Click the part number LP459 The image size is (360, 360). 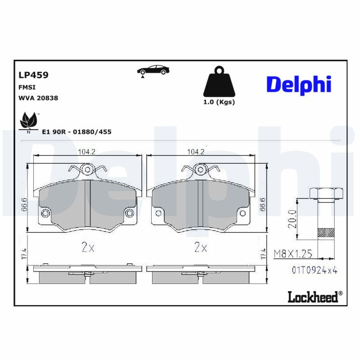click(33, 75)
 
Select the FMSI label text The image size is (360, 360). click(27, 87)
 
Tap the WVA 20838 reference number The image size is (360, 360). click(38, 98)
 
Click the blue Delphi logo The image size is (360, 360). click(299, 84)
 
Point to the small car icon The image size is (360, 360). click(153, 70)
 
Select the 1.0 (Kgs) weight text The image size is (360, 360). click(219, 102)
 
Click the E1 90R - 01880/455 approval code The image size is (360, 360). click(76, 131)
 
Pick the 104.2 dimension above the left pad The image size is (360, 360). click(86, 152)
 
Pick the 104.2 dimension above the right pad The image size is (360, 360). click(196, 152)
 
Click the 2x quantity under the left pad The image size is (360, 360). click(88, 247)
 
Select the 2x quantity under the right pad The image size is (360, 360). click(200, 247)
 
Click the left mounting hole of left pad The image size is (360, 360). click(45, 213)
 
